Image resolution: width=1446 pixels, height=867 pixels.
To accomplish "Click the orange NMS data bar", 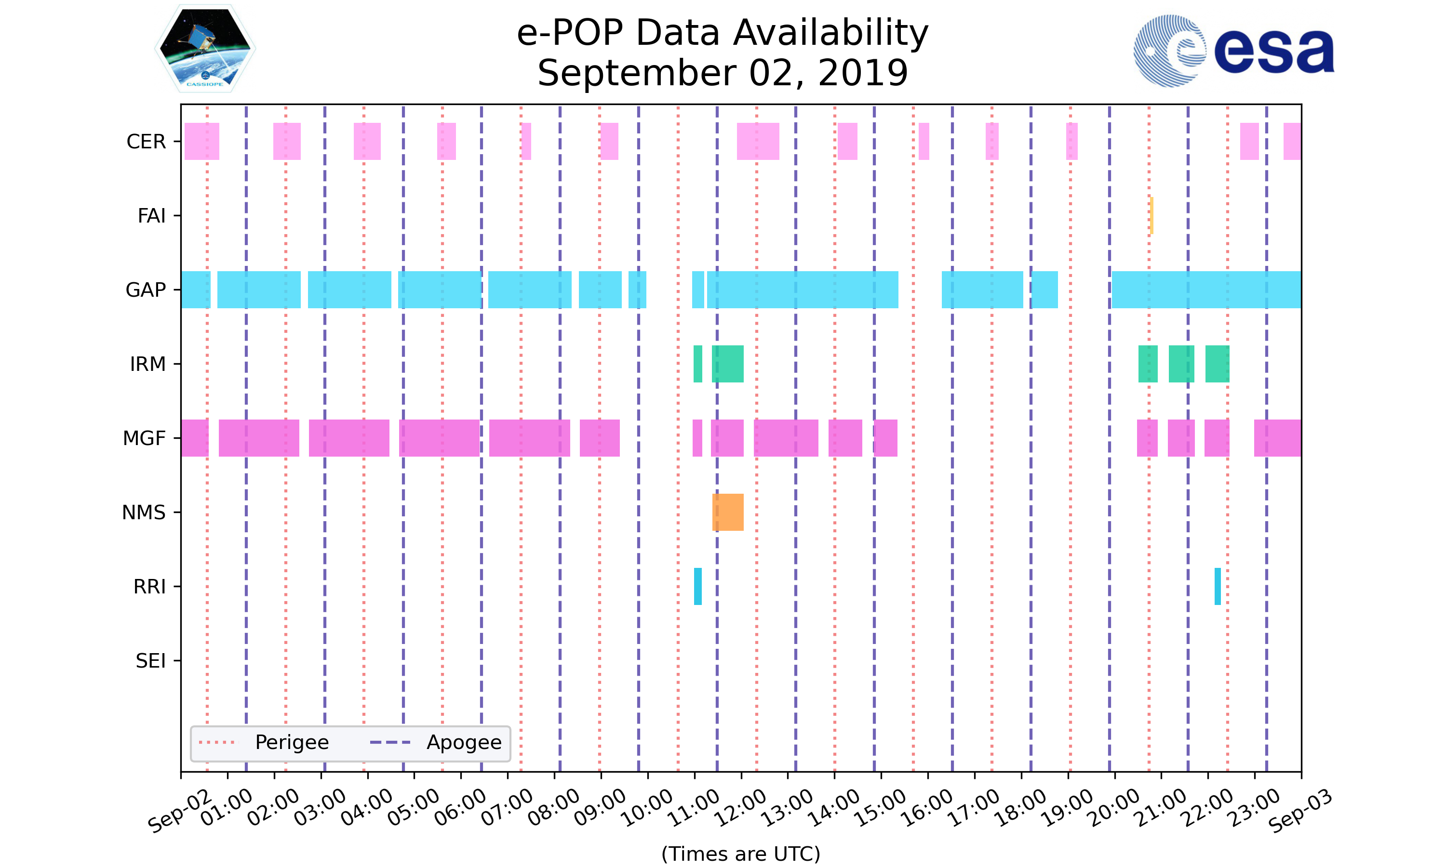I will pos(728,512).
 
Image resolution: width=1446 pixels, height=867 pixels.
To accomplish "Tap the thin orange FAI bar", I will pos(1151,216).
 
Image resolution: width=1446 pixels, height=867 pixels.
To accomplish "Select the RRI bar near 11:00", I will pos(698,586).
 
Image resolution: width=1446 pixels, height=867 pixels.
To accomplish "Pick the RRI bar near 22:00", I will pos(1218,586).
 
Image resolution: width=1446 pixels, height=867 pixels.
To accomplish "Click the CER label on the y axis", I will pos(146,142).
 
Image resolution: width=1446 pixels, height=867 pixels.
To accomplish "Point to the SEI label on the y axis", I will pos(151,661).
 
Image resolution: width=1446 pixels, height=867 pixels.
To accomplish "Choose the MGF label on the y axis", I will pos(144,438).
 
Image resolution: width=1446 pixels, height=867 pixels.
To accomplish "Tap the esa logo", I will pos(1233,51).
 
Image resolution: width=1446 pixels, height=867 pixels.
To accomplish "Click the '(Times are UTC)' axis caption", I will pos(740,854).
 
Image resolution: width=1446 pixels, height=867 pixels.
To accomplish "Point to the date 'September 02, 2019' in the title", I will pos(723,73).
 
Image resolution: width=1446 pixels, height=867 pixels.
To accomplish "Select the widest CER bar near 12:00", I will pos(758,142).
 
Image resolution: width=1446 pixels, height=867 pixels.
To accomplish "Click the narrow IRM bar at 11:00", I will pos(698,364).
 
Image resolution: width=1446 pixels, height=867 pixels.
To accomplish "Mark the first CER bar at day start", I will pos(201,142).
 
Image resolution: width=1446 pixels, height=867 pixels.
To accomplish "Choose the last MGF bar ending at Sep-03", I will pos(1277,438).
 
